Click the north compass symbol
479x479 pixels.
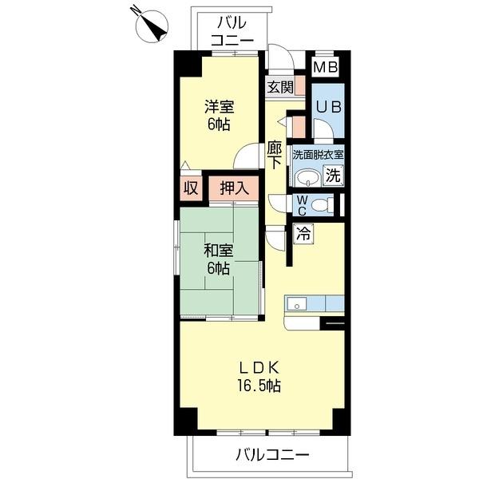tap(152, 26)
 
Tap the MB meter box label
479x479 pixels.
tap(326, 67)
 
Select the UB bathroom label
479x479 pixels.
tap(328, 107)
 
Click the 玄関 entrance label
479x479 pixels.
tap(280, 87)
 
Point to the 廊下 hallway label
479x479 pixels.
tap(275, 155)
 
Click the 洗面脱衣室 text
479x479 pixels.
tap(318, 155)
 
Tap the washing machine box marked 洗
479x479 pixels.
tap(333, 175)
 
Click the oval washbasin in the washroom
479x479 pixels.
tap(308, 178)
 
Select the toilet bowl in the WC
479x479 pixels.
tap(323, 205)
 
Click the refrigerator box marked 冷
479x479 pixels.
tap(303, 234)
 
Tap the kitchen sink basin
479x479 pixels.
tap(296, 304)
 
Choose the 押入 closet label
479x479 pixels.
tap(234, 188)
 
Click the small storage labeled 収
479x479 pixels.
tap(191, 188)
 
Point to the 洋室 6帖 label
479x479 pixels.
tap(219, 116)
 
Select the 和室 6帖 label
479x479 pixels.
tap(219, 259)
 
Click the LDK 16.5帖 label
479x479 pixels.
tap(259, 377)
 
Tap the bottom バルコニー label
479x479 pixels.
tap(272, 455)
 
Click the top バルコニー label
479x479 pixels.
tap(232, 31)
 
